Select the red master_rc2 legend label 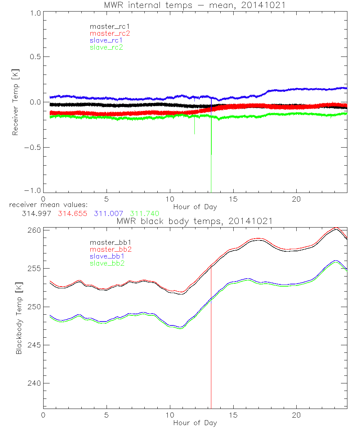pyautogui.click(x=110, y=33)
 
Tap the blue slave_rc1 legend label pyautogui.click(x=106, y=40)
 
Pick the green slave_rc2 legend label pyautogui.click(x=106, y=47)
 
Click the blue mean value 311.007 pyautogui.click(x=108, y=213)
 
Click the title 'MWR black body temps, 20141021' pyautogui.click(x=195, y=221)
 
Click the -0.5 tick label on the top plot pyautogui.click(x=33, y=147)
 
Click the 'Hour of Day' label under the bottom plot pyautogui.click(x=195, y=423)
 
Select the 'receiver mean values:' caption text pyautogui.click(x=46, y=205)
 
